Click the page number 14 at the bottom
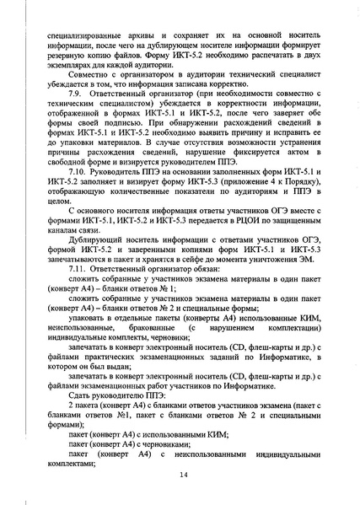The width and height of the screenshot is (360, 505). tap(181, 475)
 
